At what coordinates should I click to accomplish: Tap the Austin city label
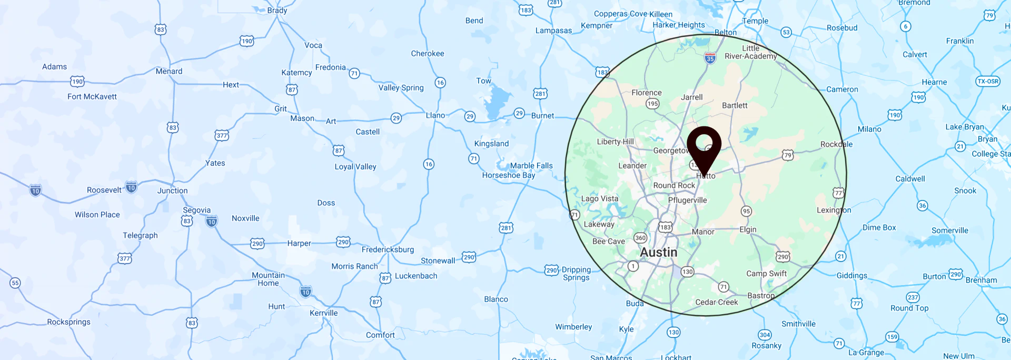point(658,253)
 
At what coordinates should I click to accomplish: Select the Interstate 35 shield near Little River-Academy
point(710,58)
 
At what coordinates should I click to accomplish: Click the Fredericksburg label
point(388,249)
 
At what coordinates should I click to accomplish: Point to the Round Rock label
point(674,185)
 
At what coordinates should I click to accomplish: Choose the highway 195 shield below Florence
point(652,104)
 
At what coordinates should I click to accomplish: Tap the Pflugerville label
point(687,200)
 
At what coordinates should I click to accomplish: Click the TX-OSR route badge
point(987,81)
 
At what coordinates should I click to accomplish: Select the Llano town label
point(435,115)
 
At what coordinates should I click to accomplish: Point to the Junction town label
point(172,191)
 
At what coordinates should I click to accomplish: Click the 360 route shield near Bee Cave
point(640,238)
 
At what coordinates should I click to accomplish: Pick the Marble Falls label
point(531,166)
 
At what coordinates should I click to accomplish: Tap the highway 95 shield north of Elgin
point(746,211)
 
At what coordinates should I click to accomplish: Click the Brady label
point(277,11)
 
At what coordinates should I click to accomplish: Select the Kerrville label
point(323,313)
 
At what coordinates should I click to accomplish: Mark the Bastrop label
point(761,296)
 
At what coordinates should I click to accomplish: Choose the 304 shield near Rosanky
point(765,335)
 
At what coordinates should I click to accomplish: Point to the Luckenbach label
point(416,276)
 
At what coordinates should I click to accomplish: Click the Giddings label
point(851,276)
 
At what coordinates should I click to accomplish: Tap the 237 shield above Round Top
point(913,297)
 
